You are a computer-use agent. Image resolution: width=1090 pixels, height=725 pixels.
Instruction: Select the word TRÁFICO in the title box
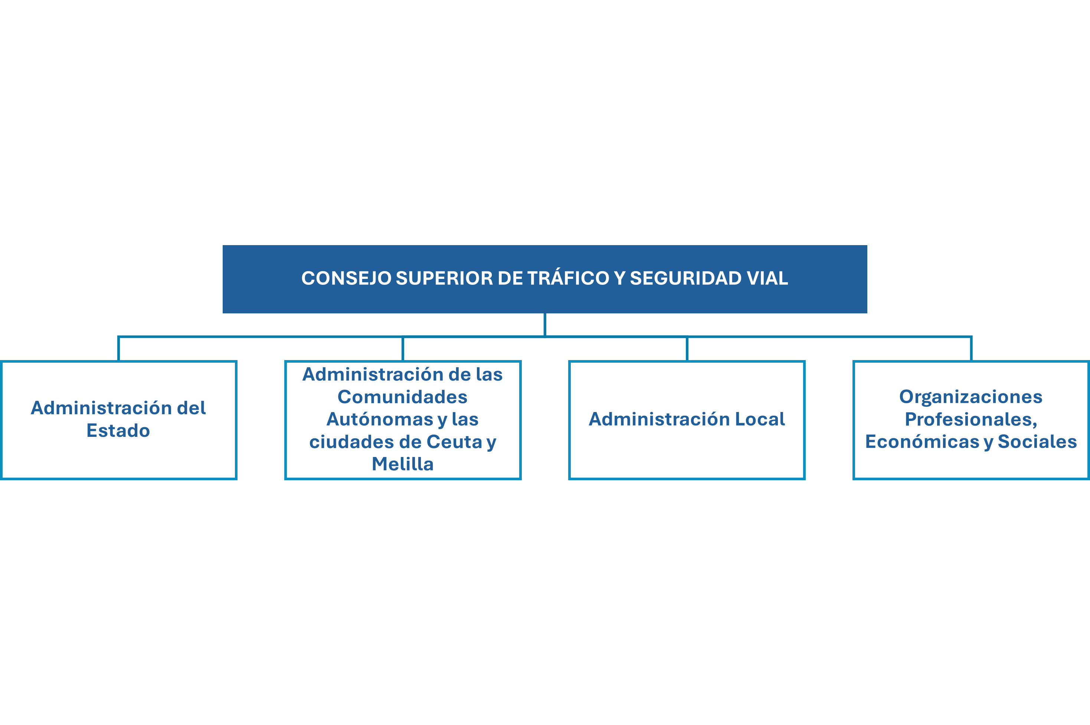[568, 279]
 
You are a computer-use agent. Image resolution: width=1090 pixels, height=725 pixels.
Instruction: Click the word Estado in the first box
[118, 431]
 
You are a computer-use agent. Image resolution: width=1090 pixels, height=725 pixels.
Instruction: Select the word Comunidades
[403, 397]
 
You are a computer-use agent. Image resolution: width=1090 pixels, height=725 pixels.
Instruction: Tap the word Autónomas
[379, 419]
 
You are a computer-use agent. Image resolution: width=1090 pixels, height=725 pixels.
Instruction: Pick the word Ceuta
[454, 442]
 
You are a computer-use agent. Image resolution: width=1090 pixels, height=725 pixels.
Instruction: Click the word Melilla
[403, 464]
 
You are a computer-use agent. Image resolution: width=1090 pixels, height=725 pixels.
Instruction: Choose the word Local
[760, 419]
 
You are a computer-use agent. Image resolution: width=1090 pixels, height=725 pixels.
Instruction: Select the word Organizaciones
[970, 397]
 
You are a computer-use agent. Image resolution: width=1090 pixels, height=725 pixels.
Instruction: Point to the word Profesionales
[970, 419]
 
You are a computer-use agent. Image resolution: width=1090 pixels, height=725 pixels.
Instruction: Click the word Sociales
[1037, 442]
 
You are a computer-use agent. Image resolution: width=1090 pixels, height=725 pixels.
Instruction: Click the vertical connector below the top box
[545, 324]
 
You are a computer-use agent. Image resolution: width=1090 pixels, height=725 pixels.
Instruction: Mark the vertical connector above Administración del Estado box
[119, 349]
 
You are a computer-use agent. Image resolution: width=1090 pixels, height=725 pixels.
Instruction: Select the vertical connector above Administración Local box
[687, 349]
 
